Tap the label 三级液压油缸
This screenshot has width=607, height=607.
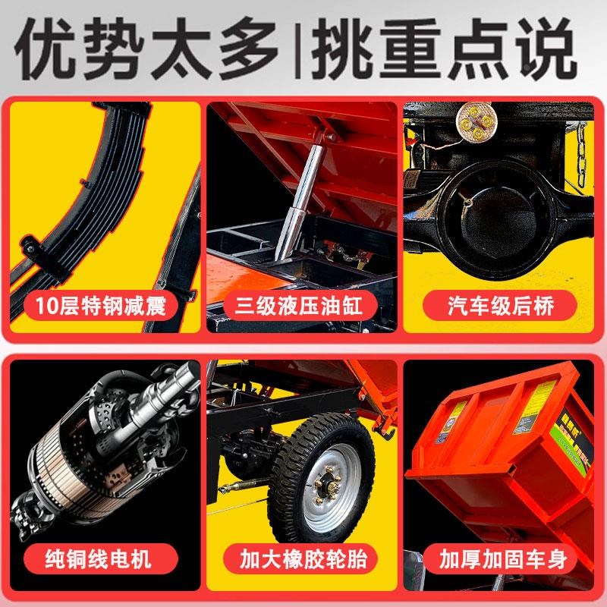click(x=303, y=307)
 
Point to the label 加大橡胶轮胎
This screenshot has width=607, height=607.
click(x=303, y=560)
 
